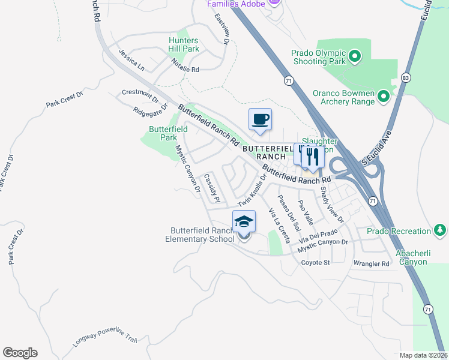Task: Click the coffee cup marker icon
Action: (260, 119)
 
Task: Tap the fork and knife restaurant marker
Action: (312, 156)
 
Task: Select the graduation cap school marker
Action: (244, 221)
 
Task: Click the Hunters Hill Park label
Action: (183, 44)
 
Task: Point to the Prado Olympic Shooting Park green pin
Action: (354, 57)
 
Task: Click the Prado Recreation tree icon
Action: (440, 230)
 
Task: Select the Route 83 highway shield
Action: (406, 78)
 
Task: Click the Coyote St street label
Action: (316, 263)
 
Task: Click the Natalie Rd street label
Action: (185, 66)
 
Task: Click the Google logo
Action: (20, 353)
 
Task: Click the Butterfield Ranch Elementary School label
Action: (202, 235)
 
